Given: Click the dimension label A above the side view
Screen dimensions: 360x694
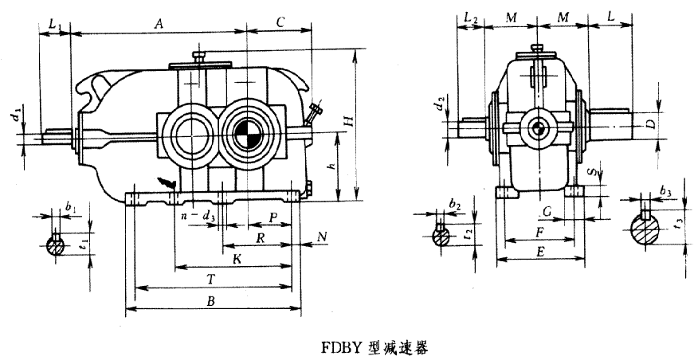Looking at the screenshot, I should click(159, 25).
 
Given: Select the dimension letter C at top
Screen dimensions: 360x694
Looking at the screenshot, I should click(280, 23).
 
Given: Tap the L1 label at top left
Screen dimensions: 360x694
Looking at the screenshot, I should click(53, 25).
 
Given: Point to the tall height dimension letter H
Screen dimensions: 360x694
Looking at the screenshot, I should click(347, 119).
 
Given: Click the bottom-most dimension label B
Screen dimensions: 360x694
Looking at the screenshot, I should click(212, 302).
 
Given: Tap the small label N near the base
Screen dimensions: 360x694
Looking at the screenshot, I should click(321, 237).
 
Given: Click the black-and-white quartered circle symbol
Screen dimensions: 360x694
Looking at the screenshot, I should click(248, 132).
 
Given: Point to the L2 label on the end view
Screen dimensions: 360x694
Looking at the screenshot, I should click(469, 18).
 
